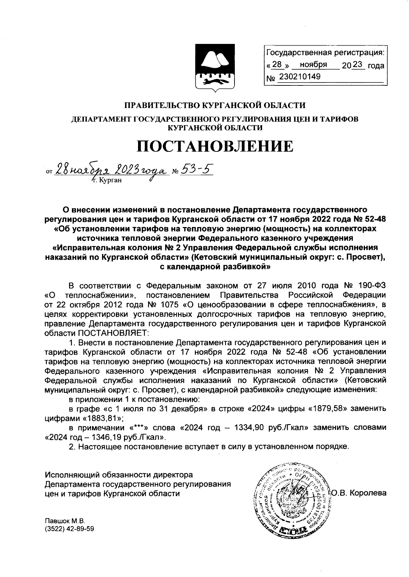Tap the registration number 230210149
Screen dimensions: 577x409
(x=300, y=77)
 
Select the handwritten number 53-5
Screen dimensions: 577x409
(x=196, y=168)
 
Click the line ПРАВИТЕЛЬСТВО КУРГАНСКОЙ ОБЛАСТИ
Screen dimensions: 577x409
(x=215, y=105)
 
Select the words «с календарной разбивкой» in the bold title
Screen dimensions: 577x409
(x=215, y=267)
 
